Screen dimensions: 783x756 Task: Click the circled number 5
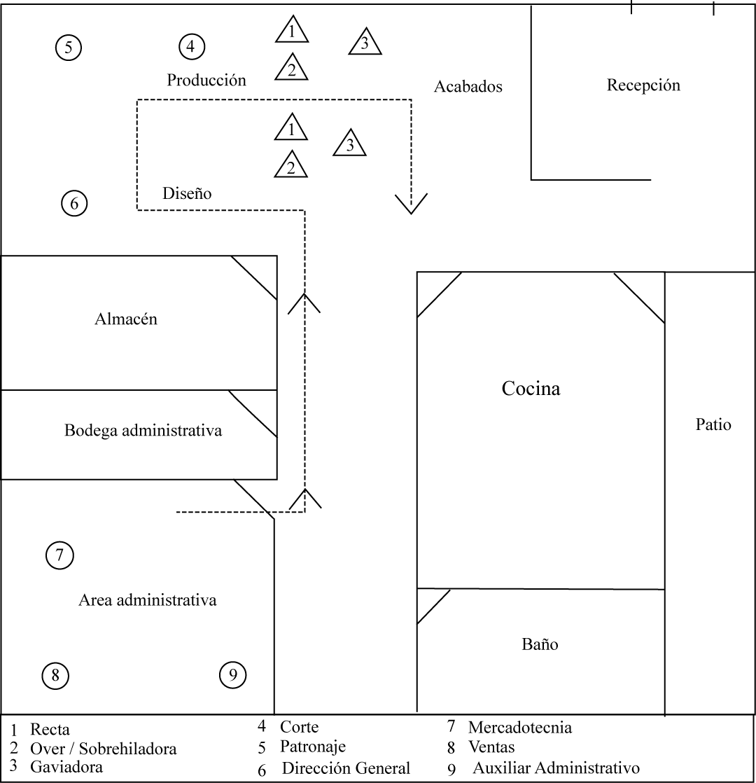pos(69,48)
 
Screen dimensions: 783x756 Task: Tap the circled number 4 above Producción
pos(191,47)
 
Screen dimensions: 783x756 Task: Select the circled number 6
pos(74,204)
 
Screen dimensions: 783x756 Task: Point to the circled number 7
pos(59,556)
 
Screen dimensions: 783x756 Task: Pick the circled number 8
pos(55,676)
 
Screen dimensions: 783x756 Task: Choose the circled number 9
pos(233,675)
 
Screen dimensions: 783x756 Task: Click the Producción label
pos(206,80)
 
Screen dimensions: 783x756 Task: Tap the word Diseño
pos(187,193)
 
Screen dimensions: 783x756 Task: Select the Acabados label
pos(468,87)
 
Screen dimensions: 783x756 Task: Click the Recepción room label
pos(643,85)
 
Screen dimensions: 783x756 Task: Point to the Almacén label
pos(126,319)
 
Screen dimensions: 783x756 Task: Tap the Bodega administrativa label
pos(143,430)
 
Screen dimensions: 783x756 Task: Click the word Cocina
pos(531,389)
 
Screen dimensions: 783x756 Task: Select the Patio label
pos(713,424)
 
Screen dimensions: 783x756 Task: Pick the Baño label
pos(540,644)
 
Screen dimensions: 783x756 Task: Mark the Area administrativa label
pos(148,600)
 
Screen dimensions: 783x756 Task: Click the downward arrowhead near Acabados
pos(411,203)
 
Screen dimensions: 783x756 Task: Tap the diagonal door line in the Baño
pos(433,607)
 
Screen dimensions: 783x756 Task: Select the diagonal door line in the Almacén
pos(254,278)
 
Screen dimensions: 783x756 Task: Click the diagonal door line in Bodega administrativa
pos(253,414)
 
